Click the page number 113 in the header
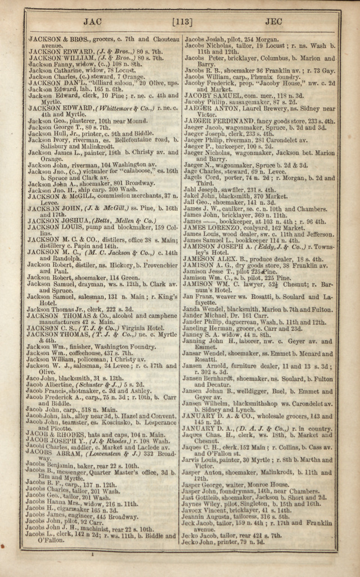(182, 22)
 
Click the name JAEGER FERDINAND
(222, 121)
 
